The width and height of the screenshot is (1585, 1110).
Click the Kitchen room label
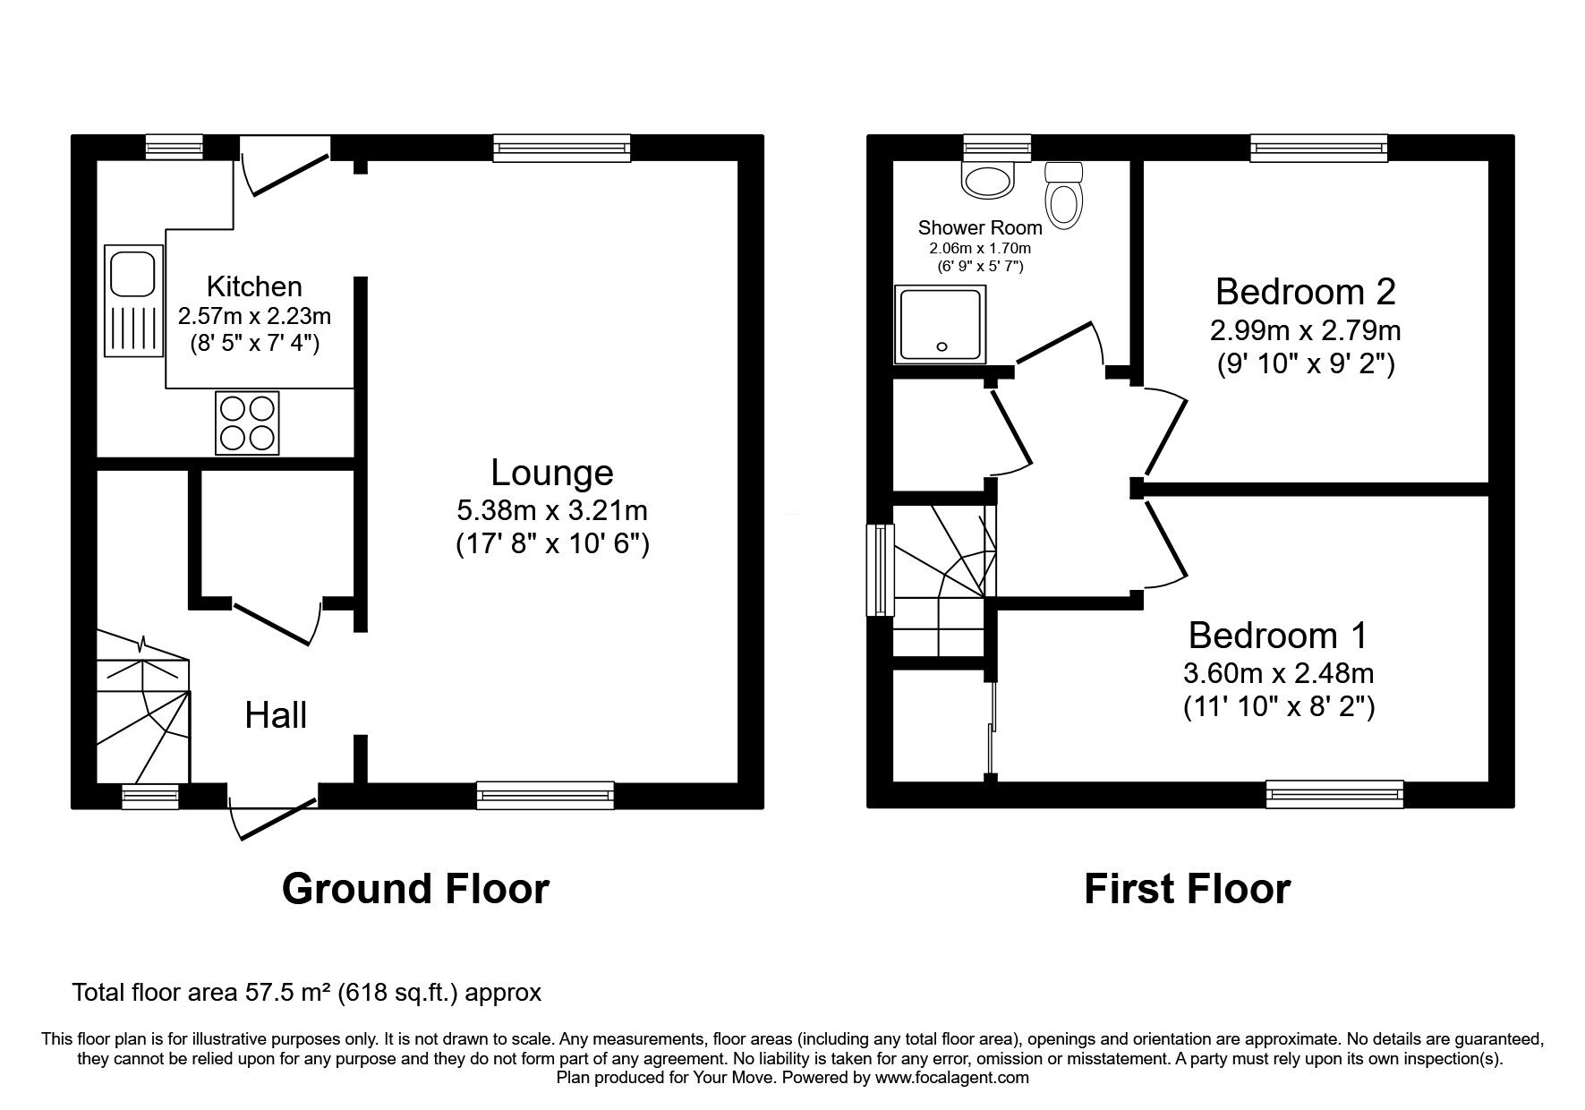click(x=254, y=286)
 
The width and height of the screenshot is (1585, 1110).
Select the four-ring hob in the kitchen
click(x=247, y=423)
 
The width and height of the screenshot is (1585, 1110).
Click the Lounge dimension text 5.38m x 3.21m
click(x=552, y=510)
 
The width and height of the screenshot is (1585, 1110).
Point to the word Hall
click(x=277, y=716)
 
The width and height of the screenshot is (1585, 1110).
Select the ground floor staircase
click(x=143, y=707)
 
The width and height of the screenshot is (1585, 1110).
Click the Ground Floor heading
click(x=415, y=889)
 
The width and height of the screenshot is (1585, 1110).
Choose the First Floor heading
click(x=1187, y=889)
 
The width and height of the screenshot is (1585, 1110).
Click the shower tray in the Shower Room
click(x=940, y=325)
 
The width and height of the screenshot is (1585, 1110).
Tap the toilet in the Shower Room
click(x=1063, y=193)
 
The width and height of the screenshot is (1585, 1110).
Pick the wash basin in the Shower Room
click(x=988, y=178)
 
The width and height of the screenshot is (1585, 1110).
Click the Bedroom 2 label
click(x=1305, y=292)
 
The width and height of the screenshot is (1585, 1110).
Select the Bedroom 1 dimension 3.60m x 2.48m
click(x=1279, y=672)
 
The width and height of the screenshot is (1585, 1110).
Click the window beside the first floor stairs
click(x=881, y=570)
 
